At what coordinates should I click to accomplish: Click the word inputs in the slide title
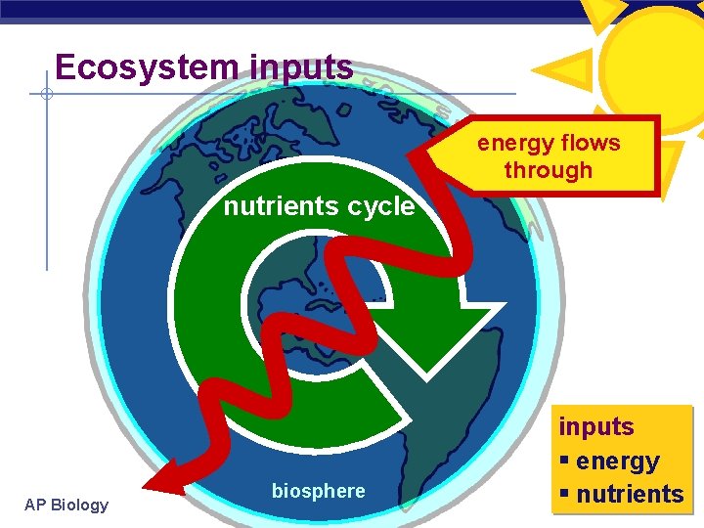click(x=302, y=67)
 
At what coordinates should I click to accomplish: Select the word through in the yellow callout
click(x=549, y=170)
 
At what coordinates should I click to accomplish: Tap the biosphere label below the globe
click(x=319, y=491)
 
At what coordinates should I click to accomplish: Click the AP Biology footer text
click(x=66, y=505)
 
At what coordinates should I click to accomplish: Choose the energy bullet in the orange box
click(x=617, y=461)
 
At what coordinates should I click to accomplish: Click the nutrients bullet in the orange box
click(x=629, y=494)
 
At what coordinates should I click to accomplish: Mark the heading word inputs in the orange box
click(x=596, y=427)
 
